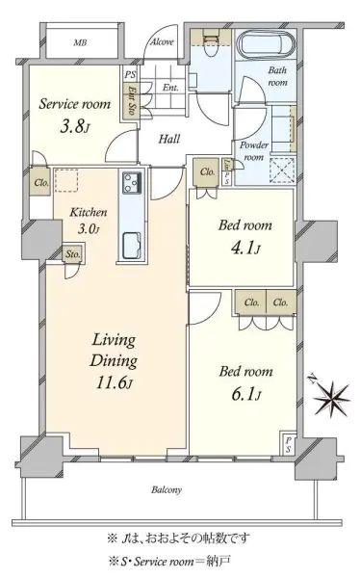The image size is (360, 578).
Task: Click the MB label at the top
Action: [x=80, y=42]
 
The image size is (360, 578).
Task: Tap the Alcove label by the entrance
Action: [x=162, y=41]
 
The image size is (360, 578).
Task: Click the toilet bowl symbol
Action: [x=211, y=46]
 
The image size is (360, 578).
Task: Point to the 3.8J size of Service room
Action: [x=75, y=127]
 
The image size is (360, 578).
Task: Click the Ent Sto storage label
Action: [x=131, y=99]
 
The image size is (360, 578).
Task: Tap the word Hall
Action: [x=169, y=139]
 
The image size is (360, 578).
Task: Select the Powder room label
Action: [x=254, y=151]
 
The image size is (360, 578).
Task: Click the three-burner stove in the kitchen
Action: [x=132, y=182]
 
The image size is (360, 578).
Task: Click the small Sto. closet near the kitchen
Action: [x=73, y=254]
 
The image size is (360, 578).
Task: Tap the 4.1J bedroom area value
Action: [x=245, y=249]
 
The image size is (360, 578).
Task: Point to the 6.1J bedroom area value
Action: [x=246, y=395]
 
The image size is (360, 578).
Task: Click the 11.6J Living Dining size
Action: [x=115, y=382]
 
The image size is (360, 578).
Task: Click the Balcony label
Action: [x=167, y=490]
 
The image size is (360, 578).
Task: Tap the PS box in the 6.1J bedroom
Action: [x=288, y=444]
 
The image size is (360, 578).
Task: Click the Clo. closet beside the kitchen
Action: [x=40, y=182]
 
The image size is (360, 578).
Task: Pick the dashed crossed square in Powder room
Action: [x=282, y=171]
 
